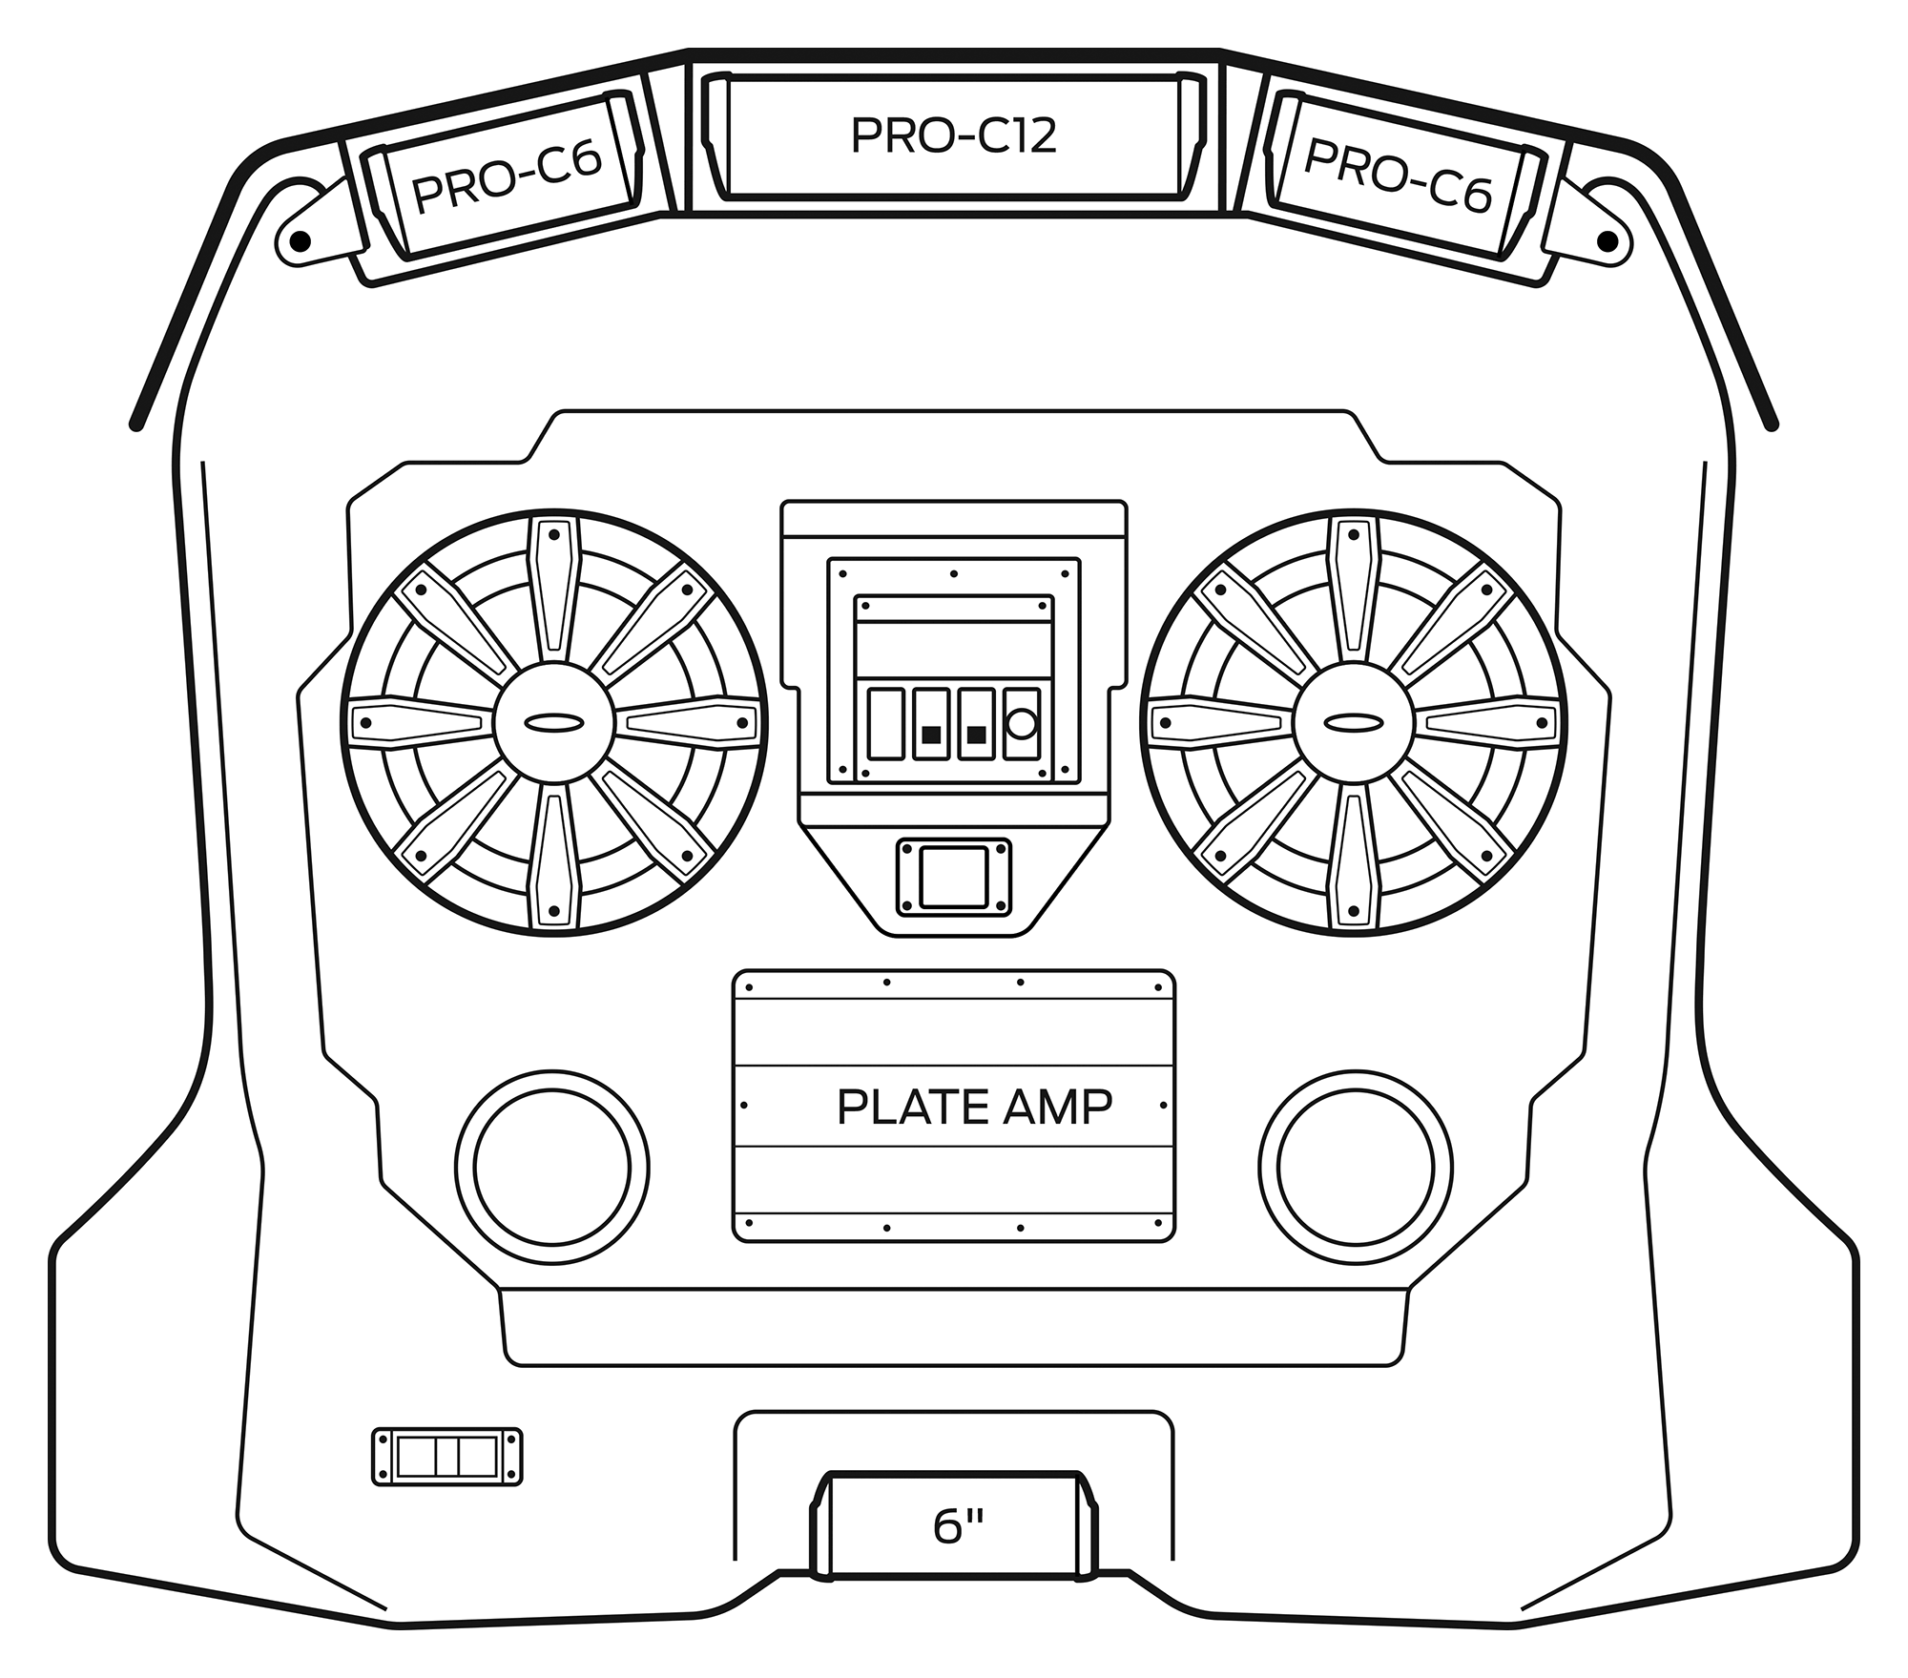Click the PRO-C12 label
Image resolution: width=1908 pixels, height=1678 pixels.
pyautogui.click(x=954, y=136)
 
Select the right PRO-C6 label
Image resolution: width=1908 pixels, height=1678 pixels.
pyautogui.click(x=1397, y=176)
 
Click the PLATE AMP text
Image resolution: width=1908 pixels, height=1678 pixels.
pyautogui.click(x=974, y=1108)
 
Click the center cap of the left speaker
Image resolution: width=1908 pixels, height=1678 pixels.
pyautogui.click(x=554, y=722)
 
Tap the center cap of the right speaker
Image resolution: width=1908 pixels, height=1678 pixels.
pyautogui.click(x=1354, y=722)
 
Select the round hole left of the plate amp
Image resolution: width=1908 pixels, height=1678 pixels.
pyautogui.click(x=552, y=1166)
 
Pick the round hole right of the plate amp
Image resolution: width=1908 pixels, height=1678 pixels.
pyautogui.click(x=1356, y=1166)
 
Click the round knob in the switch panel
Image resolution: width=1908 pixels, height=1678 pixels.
pyautogui.click(x=1022, y=724)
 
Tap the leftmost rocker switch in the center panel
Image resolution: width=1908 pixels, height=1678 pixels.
pyautogui.click(x=886, y=724)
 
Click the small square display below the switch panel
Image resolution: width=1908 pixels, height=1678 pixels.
pyautogui.click(x=954, y=877)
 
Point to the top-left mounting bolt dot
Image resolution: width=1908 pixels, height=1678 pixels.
pyautogui.click(x=299, y=238)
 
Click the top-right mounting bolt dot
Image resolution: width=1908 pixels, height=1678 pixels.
pyautogui.click(x=1608, y=240)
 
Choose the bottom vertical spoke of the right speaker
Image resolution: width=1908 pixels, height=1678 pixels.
pyautogui.click(x=1354, y=859)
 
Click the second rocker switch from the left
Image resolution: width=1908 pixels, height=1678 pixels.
pyautogui.click(x=931, y=724)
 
